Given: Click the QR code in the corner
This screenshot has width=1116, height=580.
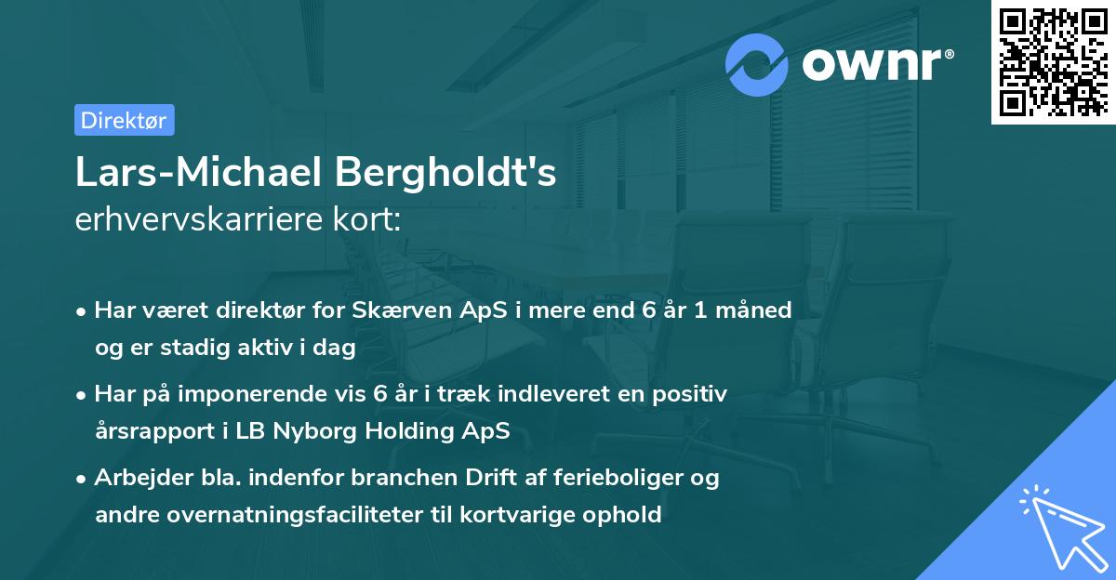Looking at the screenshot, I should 1053,62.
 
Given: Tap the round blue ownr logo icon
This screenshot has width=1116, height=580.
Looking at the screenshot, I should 757,64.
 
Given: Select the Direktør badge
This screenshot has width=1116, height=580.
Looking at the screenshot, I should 124,120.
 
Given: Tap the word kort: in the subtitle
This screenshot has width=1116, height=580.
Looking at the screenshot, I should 369,220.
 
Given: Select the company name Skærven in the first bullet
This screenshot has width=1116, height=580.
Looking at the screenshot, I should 395,310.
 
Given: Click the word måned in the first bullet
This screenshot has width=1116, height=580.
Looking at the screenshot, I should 752,310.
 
